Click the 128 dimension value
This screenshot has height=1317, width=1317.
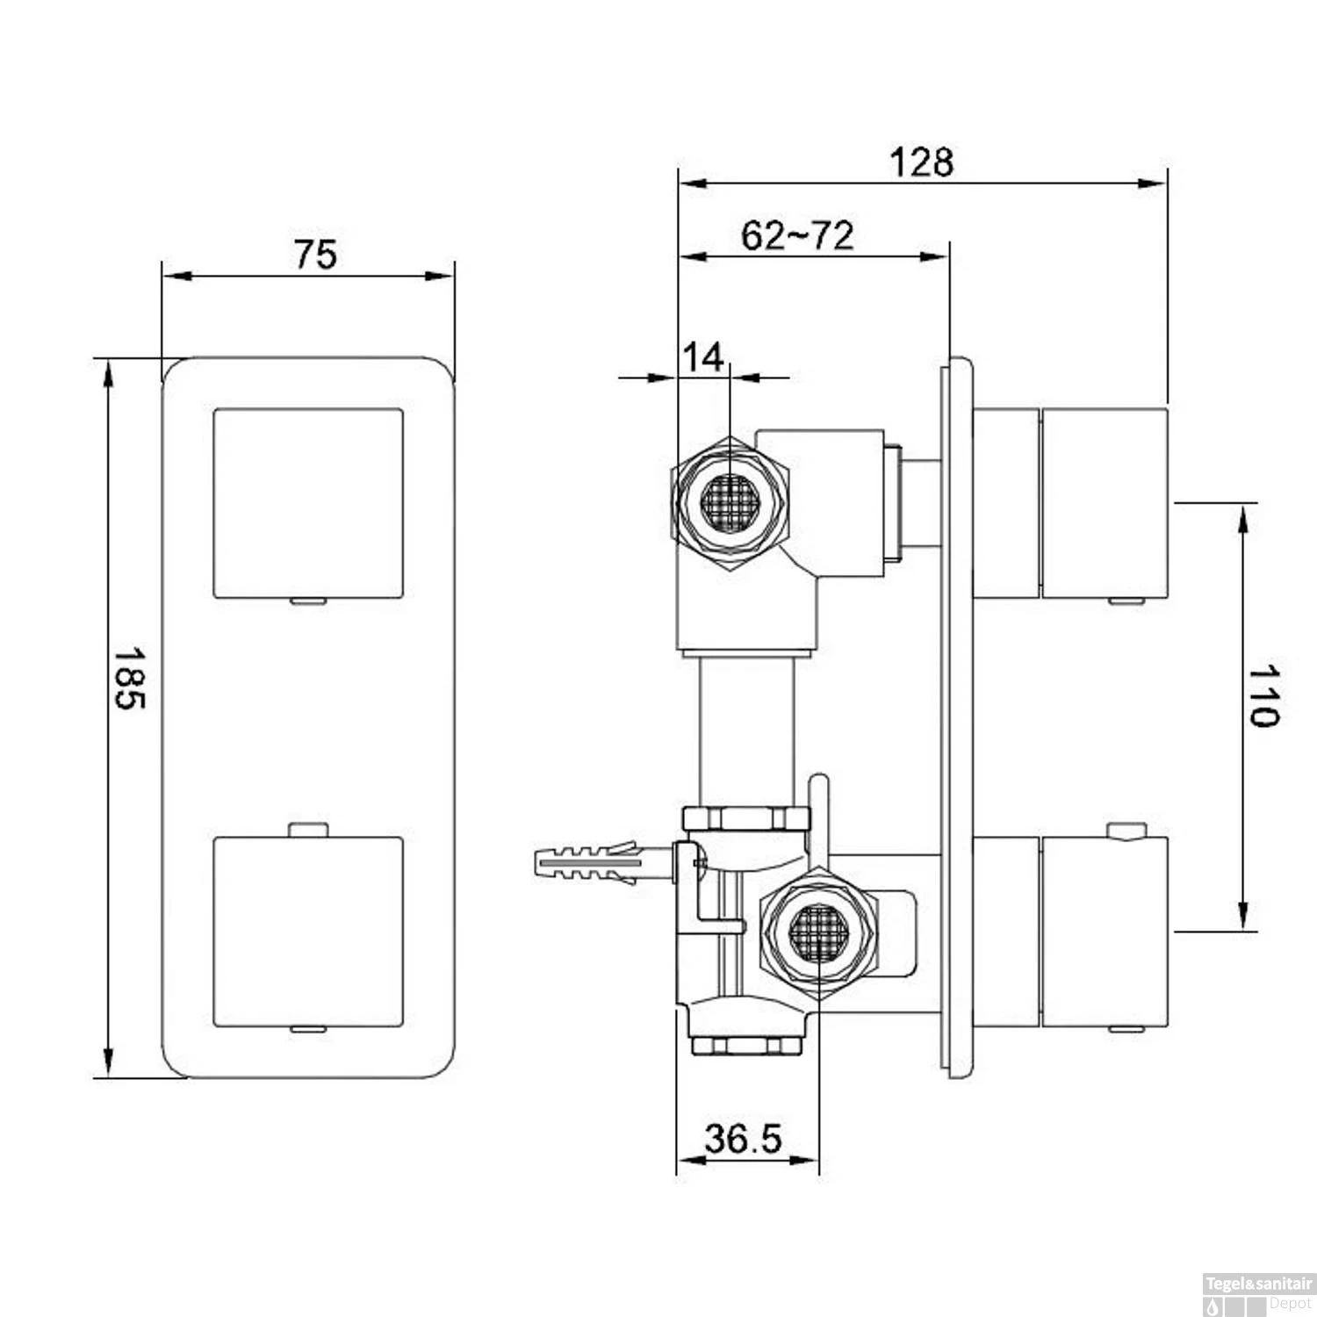[921, 162]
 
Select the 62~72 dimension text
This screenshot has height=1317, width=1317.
[796, 235]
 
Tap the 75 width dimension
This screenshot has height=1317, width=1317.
[315, 255]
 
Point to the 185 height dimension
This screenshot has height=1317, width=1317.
[130, 679]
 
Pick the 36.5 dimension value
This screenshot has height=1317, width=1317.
[743, 1139]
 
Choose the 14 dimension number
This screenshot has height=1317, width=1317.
[703, 357]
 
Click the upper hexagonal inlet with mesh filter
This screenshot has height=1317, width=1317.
[730, 503]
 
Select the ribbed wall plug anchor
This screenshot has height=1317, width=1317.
[584, 865]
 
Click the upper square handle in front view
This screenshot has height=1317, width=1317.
[308, 503]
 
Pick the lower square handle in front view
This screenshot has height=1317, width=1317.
[308, 932]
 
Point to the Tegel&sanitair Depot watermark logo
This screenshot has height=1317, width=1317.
[1258, 1294]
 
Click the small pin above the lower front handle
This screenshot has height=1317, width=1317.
[307, 829]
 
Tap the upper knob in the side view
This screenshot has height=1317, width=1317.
[1104, 503]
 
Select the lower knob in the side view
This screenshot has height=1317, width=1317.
[1104, 932]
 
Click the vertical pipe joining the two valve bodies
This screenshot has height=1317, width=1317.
[746, 729]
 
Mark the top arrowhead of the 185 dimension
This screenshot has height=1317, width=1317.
[108, 373]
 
